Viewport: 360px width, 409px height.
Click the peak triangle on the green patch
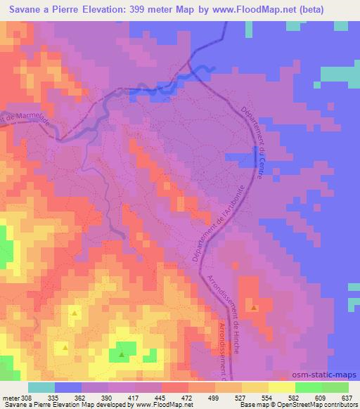(122, 354)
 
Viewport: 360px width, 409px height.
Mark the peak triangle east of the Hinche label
(254, 308)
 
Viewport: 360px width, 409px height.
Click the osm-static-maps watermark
(328, 375)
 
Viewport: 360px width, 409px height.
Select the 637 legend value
(347, 397)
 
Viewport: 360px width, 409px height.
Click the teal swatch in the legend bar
(41, 387)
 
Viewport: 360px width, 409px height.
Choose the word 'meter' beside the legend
(9, 397)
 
